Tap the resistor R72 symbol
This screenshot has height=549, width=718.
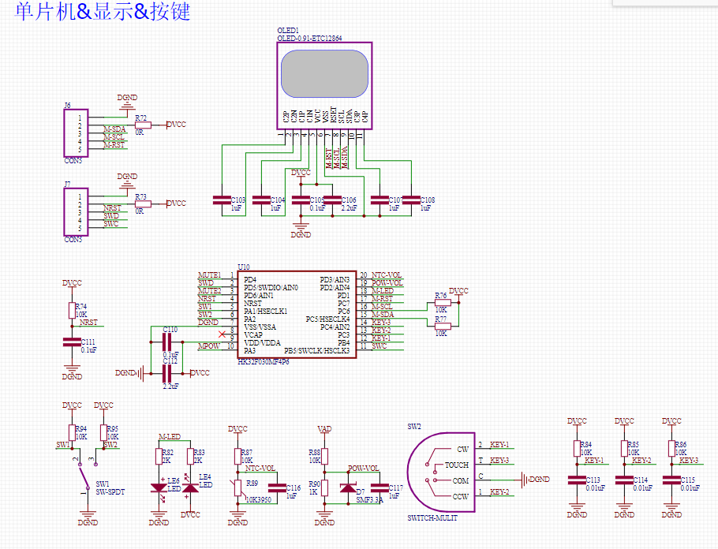[x=142, y=125]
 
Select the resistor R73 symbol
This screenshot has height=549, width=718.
[x=142, y=204]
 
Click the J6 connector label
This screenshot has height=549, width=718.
[x=67, y=105]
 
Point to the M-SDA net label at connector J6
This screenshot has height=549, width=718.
[x=114, y=129]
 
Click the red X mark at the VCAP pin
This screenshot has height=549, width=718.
[x=222, y=335]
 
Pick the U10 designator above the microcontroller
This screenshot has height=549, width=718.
[x=244, y=267]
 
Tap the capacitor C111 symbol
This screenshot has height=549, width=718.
[x=72, y=342]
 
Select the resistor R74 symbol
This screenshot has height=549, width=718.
[x=72, y=308]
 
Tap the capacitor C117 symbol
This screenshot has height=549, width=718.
[x=380, y=488]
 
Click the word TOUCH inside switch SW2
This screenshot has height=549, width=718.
[x=456, y=465]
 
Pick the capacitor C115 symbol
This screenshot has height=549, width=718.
[x=671, y=480]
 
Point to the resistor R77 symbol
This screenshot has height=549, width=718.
[x=442, y=326]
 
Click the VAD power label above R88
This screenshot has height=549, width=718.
[x=323, y=429]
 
